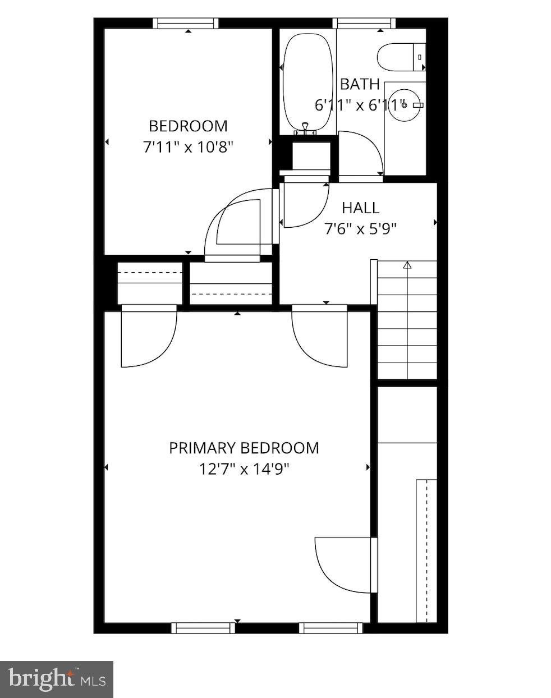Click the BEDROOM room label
(188, 126)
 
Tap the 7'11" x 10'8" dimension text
(188, 148)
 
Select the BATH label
(360, 84)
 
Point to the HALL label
(361, 208)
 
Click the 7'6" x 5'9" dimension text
(361, 229)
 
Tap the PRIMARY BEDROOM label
(244, 448)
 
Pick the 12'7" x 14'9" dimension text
(244, 469)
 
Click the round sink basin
(403, 105)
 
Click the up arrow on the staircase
(407, 265)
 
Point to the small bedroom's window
(186, 24)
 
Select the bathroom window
(364, 24)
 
